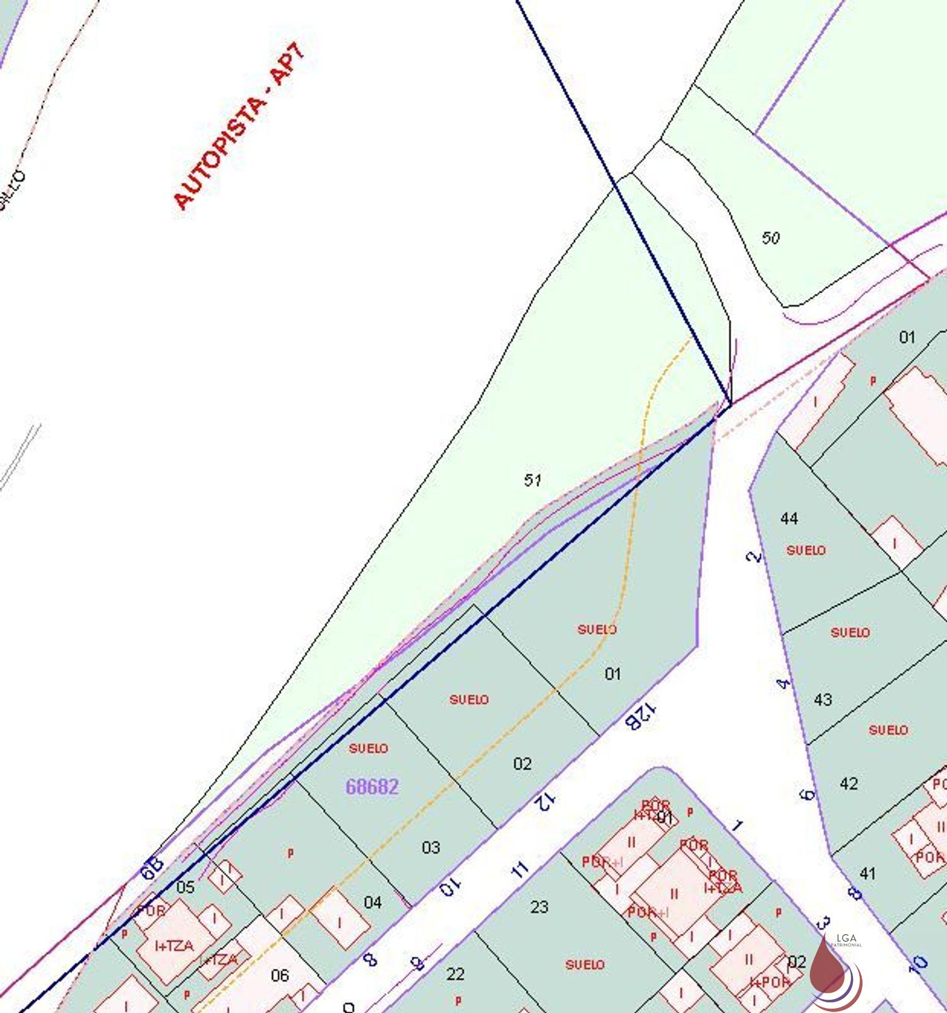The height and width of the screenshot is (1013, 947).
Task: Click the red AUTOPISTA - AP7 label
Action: pyautogui.click(x=239, y=126)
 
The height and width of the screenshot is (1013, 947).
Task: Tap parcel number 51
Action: pyautogui.click(x=532, y=480)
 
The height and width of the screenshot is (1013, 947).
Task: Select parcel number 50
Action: pyautogui.click(x=770, y=238)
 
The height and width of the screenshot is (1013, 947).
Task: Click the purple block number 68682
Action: pyautogui.click(x=372, y=787)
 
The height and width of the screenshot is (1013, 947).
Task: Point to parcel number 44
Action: pyautogui.click(x=789, y=518)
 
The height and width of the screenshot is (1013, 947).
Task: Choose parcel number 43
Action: pyautogui.click(x=823, y=700)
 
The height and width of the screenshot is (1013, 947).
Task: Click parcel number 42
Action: pyautogui.click(x=849, y=783)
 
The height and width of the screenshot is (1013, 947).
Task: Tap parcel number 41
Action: pyautogui.click(x=867, y=874)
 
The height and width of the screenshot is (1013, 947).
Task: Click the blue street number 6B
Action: pyautogui.click(x=152, y=868)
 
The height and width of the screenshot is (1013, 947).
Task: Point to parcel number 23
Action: pyautogui.click(x=539, y=907)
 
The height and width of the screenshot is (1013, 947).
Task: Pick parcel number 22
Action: pyautogui.click(x=455, y=974)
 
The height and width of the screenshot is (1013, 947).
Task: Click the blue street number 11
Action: pyautogui.click(x=519, y=871)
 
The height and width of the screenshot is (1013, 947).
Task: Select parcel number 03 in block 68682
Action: pyautogui.click(x=431, y=847)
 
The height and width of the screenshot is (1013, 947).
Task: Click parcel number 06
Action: pyautogui.click(x=280, y=976)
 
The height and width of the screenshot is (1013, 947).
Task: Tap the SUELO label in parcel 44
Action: pyautogui.click(x=806, y=550)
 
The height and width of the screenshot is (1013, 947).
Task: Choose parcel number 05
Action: pyautogui.click(x=185, y=887)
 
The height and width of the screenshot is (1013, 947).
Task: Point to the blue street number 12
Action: pyautogui.click(x=545, y=802)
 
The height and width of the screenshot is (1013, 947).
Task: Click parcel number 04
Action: pyautogui.click(x=372, y=903)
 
